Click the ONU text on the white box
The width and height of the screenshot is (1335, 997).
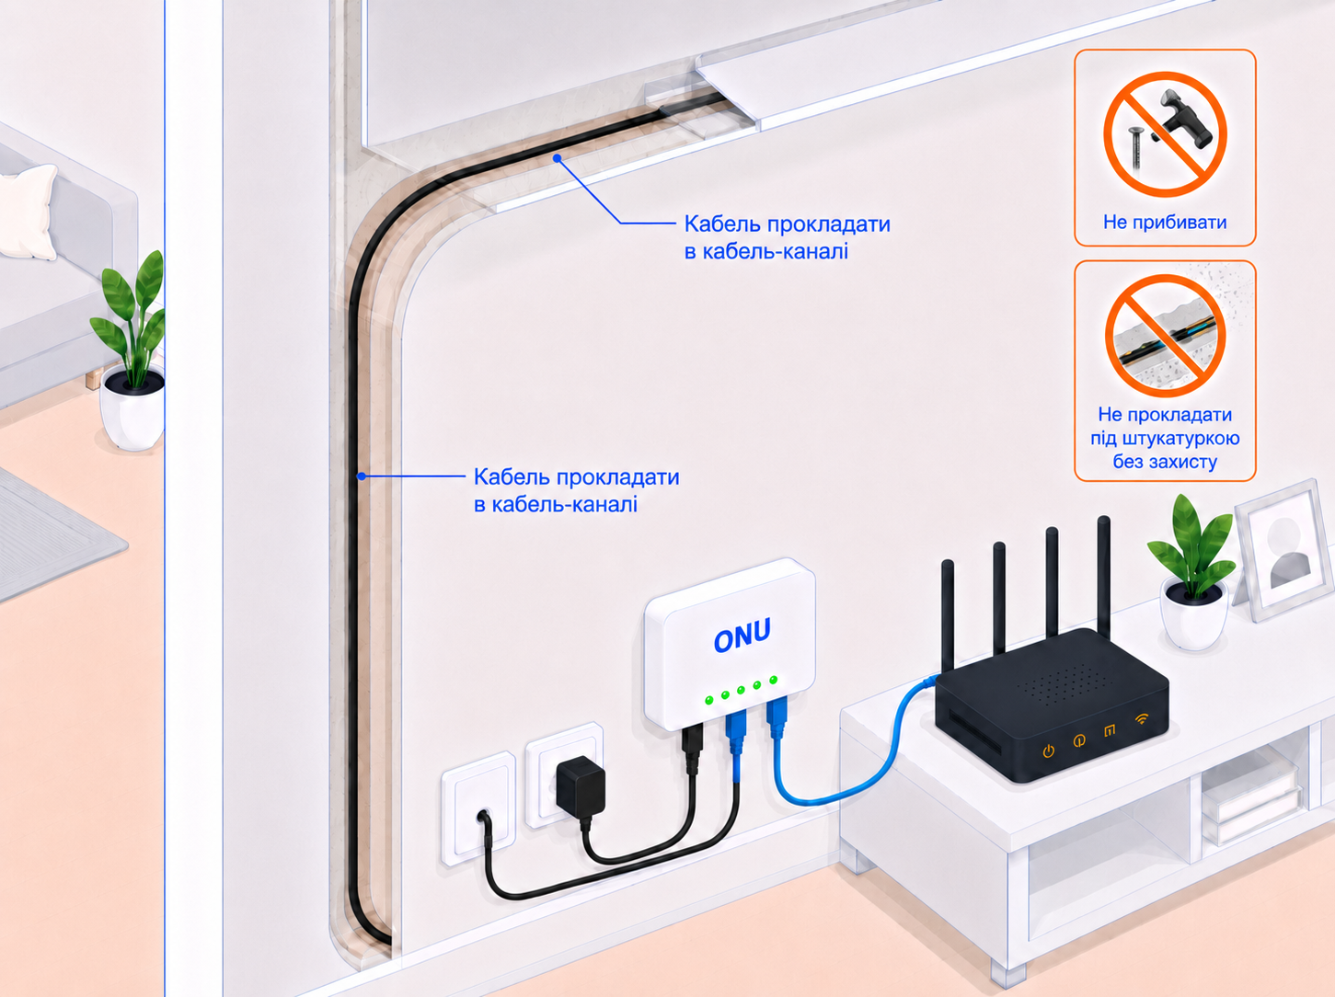(742, 635)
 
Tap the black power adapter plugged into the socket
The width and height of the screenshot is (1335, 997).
(580, 786)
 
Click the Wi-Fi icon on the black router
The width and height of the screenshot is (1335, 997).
(1142, 718)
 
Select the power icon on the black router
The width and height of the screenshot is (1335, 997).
(1049, 751)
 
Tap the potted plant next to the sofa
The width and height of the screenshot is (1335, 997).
(130, 352)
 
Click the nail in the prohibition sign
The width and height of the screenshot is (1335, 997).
(1135, 148)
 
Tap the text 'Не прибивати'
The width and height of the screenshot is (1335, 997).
(1165, 223)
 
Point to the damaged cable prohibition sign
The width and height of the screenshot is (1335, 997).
(1165, 336)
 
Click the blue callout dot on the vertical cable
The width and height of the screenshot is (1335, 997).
(362, 476)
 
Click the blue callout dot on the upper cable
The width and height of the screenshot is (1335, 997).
(557, 158)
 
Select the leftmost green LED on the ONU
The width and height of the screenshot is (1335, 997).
(709, 700)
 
